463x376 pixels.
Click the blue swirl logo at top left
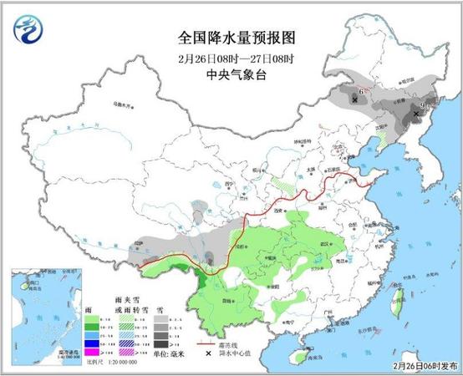[x=27, y=33]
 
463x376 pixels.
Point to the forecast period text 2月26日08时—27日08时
[x=231, y=56]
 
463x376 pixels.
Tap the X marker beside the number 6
[x=356, y=99]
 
